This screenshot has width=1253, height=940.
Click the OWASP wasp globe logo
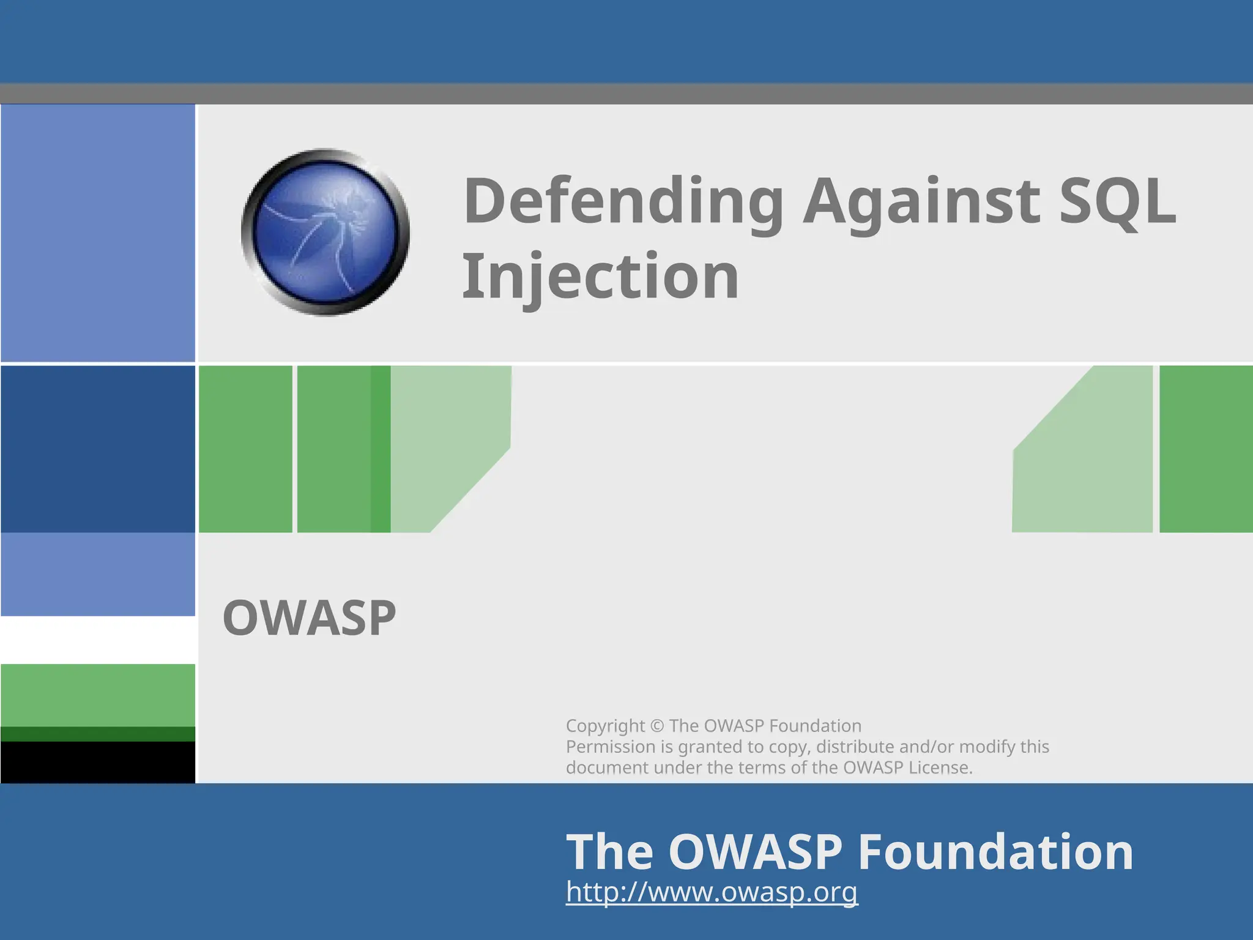click(x=325, y=232)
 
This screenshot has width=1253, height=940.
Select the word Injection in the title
click(x=600, y=277)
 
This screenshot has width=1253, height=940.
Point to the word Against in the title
click(x=920, y=202)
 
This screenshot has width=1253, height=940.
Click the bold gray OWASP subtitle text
click(x=309, y=618)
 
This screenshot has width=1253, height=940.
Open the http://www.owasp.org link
click(x=712, y=892)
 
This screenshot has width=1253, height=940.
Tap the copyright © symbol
click(x=656, y=726)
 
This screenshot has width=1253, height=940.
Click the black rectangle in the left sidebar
click(x=98, y=763)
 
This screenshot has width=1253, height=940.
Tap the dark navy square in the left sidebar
click(x=98, y=449)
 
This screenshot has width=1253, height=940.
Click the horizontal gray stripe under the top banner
click(x=626, y=94)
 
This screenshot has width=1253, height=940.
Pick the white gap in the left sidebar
click(x=98, y=640)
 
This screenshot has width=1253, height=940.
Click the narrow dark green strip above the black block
click(x=98, y=734)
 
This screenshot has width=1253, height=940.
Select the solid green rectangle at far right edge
click(x=1206, y=449)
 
